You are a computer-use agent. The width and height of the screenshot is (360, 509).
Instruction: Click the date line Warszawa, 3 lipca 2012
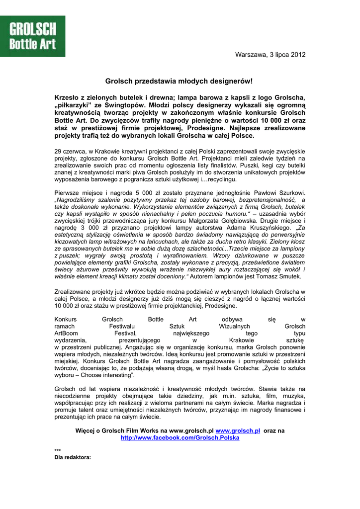(270, 55)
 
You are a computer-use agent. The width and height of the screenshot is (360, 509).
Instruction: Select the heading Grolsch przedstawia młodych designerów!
(179, 81)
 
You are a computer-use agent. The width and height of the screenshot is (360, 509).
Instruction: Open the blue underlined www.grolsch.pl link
(238, 430)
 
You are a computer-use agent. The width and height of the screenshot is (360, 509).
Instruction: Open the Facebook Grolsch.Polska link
(180, 438)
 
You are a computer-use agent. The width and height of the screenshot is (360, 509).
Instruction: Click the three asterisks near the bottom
(57, 450)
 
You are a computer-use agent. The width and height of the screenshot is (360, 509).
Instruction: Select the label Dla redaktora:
(73, 457)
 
